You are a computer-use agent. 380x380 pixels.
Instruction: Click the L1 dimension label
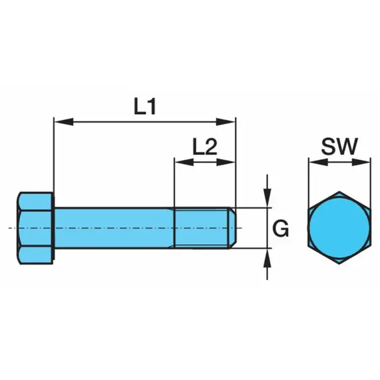pyautogui.click(x=145, y=107)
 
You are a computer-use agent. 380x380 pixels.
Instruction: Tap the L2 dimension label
pyautogui.click(x=205, y=147)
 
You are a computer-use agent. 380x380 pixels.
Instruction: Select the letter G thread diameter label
pyautogui.click(x=281, y=229)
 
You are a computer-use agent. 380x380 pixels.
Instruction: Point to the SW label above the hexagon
pyautogui.click(x=339, y=147)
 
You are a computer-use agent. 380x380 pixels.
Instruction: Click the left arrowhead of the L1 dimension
pyautogui.click(x=63, y=121)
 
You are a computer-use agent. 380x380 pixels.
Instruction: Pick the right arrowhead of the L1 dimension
pyautogui.click(x=225, y=121)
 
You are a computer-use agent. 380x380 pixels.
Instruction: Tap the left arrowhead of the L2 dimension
pyautogui.click(x=184, y=162)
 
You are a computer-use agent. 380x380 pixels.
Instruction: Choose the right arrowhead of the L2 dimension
pyautogui.click(x=225, y=162)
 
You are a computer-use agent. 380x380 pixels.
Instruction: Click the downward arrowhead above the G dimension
pyautogui.click(x=267, y=198)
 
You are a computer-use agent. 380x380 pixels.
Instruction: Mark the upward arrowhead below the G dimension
pyautogui.click(x=267, y=258)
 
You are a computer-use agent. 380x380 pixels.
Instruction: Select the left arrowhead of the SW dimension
pyautogui.click(x=319, y=162)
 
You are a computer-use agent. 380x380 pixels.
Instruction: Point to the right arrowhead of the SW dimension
pyautogui.click(x=361, y=162)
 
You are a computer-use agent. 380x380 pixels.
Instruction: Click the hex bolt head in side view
pyautogui.click(x=35, y=228)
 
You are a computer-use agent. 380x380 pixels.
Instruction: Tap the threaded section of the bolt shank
pyautogui.click(x=202, y=228)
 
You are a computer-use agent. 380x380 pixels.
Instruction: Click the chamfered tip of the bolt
pyautogui.click(x=233, y=228)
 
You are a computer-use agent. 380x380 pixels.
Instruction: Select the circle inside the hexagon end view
pyautogui.click(x=339, y=227)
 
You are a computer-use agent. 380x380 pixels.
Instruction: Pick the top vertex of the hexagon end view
pyautogui.click(x=339, y=191)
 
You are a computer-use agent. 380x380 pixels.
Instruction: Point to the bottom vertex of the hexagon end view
pyautogui.click(x=339, y=264)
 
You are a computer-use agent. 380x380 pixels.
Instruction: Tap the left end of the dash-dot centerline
pyautogui.click(x=9, y=228)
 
